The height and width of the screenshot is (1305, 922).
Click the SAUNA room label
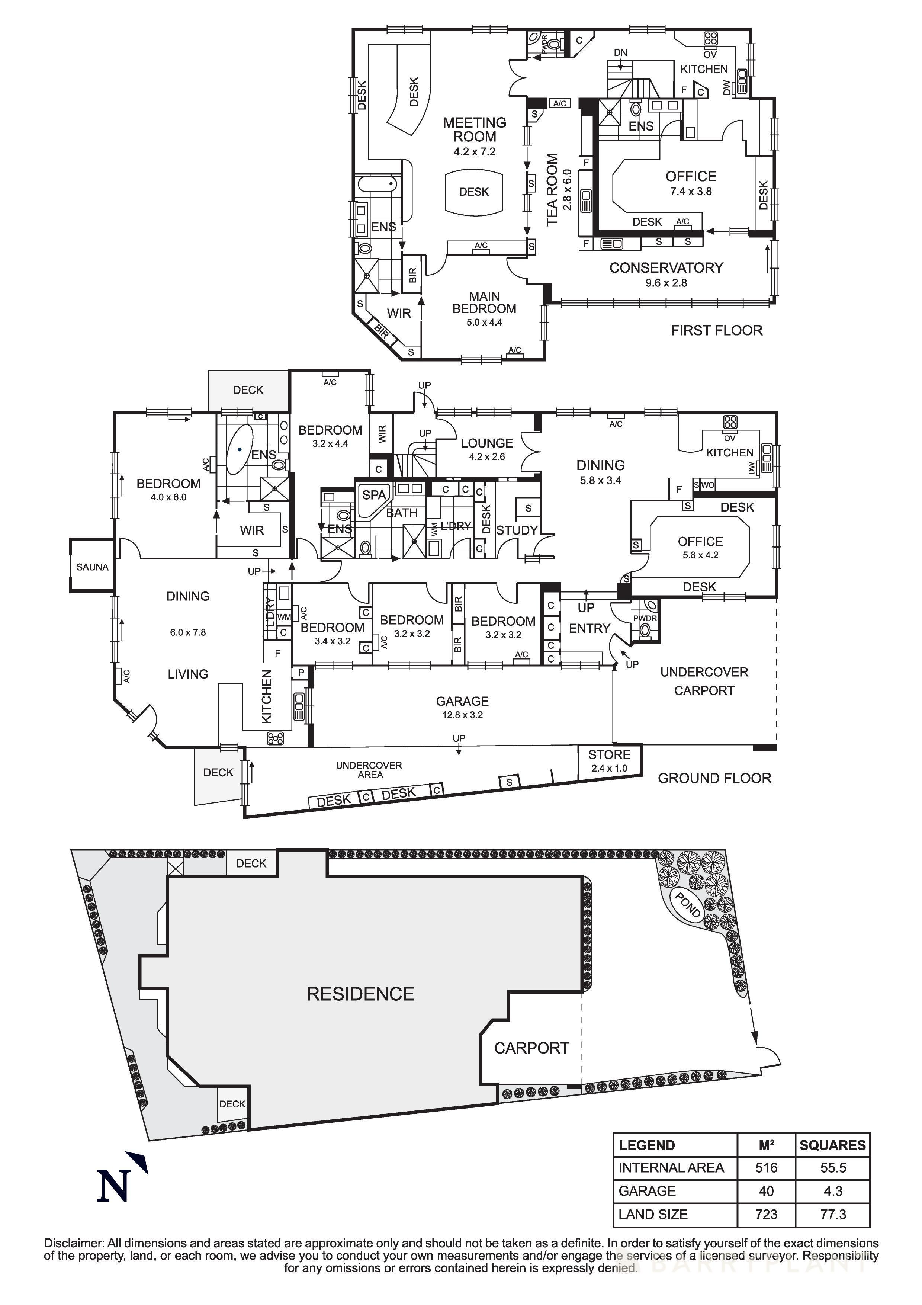[92, 567]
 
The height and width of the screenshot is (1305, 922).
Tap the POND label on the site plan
[687, 904]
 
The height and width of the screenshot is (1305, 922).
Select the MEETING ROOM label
[474, 129]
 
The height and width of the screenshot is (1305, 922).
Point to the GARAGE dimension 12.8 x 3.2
[462, 715]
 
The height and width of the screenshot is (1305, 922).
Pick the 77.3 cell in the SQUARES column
[833, 1214]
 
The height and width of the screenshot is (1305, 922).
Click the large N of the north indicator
[113, 1186]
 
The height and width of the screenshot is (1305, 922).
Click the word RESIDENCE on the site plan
[360, 994]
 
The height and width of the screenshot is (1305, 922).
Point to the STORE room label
[609, 755]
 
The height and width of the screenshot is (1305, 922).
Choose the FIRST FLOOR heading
[716, 330]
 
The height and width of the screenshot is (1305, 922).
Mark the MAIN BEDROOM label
[484, 302]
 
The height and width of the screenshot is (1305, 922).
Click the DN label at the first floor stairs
[620, 52]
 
